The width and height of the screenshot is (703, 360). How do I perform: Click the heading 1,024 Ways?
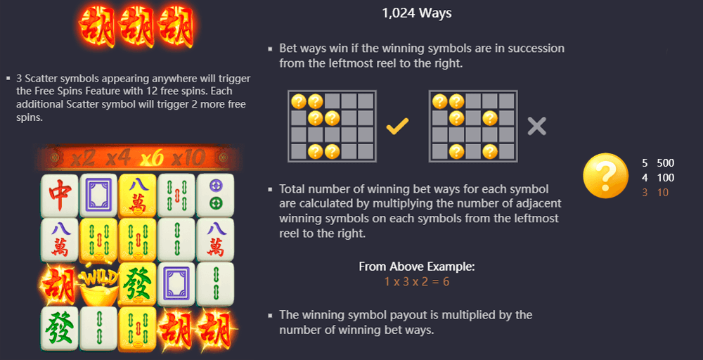[x=417, y=13]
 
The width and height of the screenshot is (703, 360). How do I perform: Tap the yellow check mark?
[x=398, y=127]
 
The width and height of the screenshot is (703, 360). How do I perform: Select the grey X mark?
[x=537, y=127]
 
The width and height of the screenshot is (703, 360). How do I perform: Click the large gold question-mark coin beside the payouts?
[x=606, y=176]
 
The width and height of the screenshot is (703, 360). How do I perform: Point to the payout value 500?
[x=665, y=162]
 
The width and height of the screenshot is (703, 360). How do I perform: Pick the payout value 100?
[x=665, y=177]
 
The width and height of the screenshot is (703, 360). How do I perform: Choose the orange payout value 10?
[x=663, y=192]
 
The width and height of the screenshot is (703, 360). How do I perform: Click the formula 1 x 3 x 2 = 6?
[x=417, y=281]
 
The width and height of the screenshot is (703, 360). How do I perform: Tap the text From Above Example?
[x=417, y=266]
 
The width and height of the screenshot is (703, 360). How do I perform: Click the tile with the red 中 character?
[x=60, y=194]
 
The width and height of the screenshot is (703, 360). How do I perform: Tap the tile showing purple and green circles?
[x=216, y=194]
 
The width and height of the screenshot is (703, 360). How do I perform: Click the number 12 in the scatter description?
[x=149, y=91]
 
